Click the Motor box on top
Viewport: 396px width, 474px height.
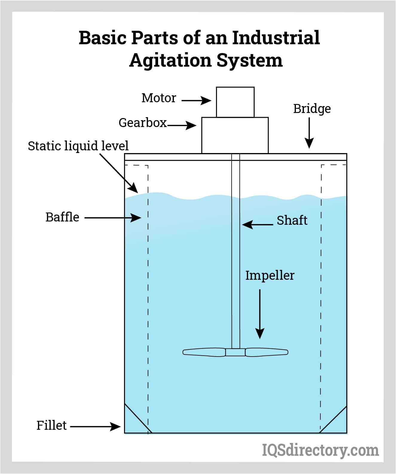coord(235,102)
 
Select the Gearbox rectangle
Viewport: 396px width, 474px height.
coord(235,135)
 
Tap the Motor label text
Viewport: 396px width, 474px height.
coord(159,98)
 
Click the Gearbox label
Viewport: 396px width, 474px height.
coord(143,123)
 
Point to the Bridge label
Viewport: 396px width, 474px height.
coord(312,109)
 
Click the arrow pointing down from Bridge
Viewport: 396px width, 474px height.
coord(309,133)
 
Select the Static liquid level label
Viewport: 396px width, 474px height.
coord(78,146)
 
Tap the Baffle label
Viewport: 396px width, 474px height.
coord(62,217)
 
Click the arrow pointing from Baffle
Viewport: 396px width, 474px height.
coord(113,218)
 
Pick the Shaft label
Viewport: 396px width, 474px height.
coord(292,221)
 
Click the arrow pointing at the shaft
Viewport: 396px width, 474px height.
coord(257,224)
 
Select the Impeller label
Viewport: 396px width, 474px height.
coord(270,276)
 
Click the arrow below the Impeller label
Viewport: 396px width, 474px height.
coord(260,314)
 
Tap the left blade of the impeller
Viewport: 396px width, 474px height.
coord(204,352)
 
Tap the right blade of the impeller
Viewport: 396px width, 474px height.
coord(267,352)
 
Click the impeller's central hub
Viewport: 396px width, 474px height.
coord(235,352)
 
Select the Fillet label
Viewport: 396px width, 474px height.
coord(51,426)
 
